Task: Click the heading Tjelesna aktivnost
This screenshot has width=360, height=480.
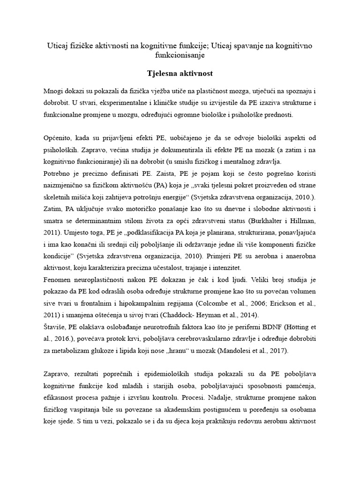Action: coord(180,74)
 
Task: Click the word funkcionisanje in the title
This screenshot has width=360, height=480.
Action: coord(180,55)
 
